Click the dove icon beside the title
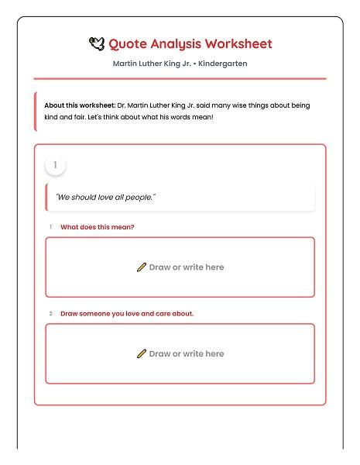point(97,44)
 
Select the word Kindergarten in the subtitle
point(223,64)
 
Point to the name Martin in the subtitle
point(125,64)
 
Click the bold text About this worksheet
point(79,105)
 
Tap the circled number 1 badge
point(55,165)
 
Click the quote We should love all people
point(105,197)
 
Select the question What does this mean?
point(98,227)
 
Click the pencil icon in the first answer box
point(142,267)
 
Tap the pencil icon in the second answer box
point(142,353)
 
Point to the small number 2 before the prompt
point(50,314)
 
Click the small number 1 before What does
point(50,227)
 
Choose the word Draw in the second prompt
point(69,314)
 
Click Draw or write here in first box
point(187,267)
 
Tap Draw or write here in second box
point(187,353)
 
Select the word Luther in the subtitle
point(150,64)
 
